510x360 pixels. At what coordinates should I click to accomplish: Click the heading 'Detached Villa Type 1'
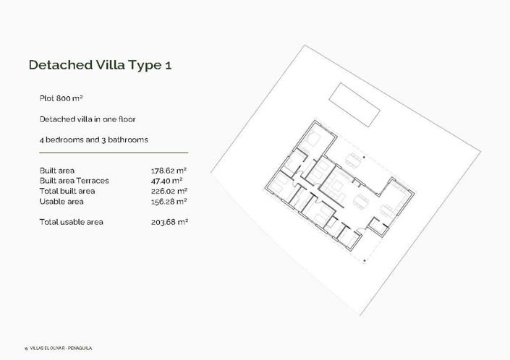point(100,65)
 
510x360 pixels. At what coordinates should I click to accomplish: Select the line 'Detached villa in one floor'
point(88,118)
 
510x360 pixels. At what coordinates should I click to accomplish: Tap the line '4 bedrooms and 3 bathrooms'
point(89,139)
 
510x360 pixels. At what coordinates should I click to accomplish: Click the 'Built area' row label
point(58,171)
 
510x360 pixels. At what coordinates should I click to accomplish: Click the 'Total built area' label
point(67,191)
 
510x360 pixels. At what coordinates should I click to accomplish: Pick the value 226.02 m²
point(167,191)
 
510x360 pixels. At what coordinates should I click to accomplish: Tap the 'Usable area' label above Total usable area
point(60,201)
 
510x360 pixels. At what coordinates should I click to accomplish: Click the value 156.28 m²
point(167,201)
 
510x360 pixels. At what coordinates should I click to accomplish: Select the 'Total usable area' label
point(71,222)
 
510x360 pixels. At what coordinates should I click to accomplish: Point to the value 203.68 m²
point(167,222)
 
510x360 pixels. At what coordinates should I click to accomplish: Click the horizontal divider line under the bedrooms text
point(114,153)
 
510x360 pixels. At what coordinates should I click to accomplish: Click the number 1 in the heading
point(168,65)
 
